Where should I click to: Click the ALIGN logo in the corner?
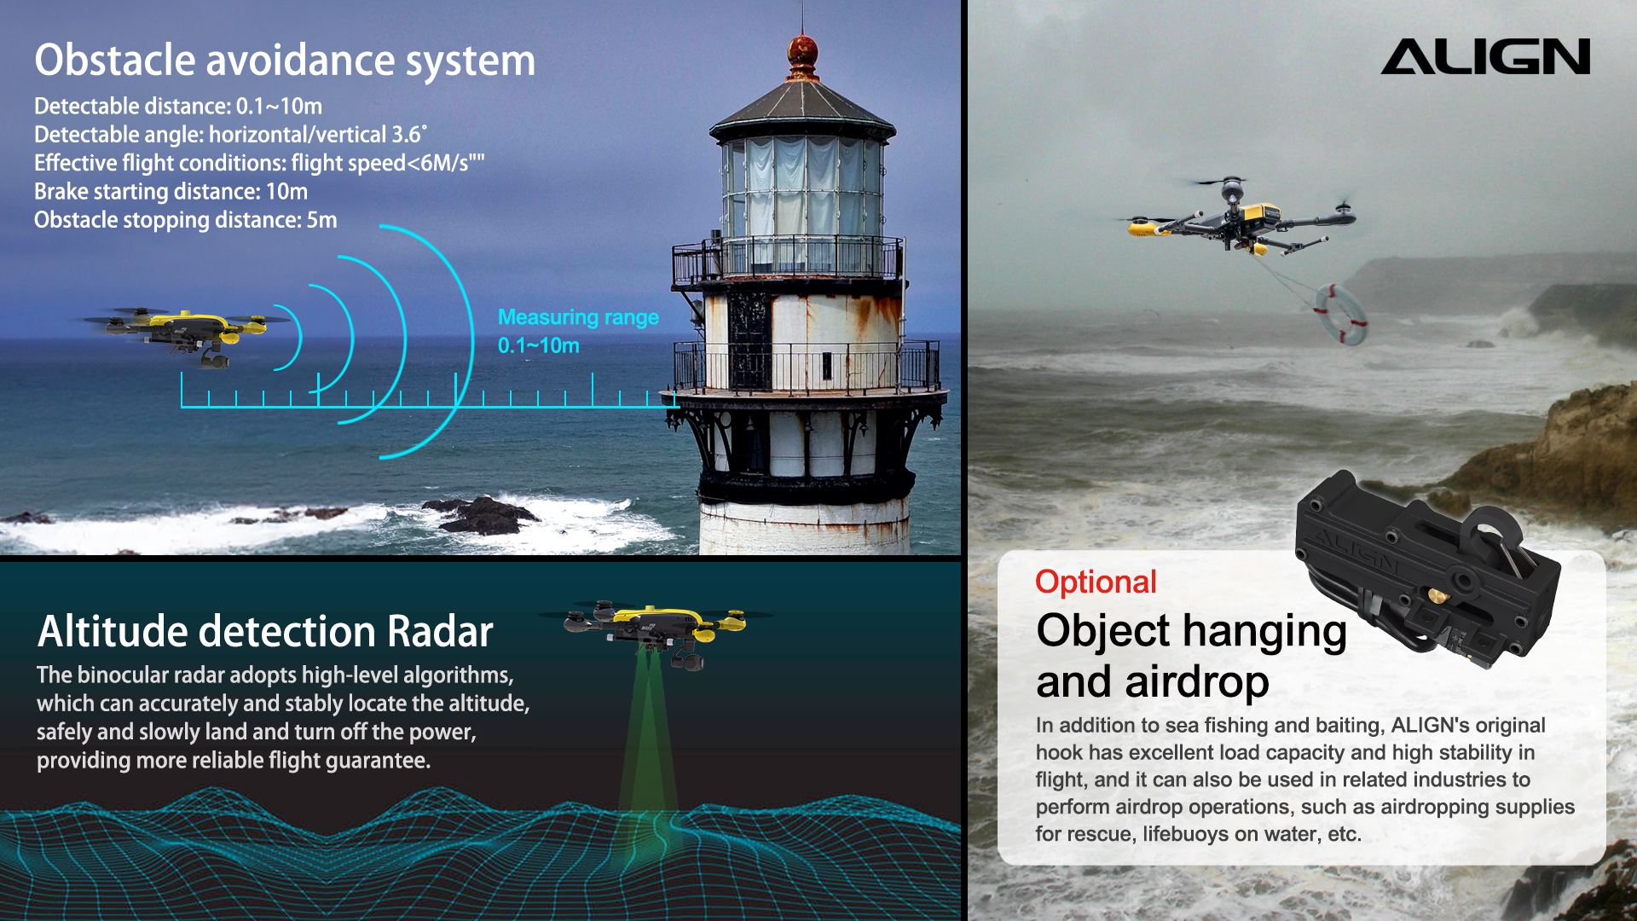tap(1485, 56)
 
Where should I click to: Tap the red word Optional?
tap(1096, 582)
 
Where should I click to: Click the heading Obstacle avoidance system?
tap(285, 61)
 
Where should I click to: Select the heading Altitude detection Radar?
tap(265, 632)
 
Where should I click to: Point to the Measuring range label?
tap(578, 317)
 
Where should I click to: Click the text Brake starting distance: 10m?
tap(171, 192)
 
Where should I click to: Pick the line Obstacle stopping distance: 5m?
tap(186, 220)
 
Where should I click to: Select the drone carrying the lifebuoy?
tap(1240, 217)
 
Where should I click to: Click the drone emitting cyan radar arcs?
tap(183, 335)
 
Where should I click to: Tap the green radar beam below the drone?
tap(648, 742)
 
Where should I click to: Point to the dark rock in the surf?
tap(483, 515)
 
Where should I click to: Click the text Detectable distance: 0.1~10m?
tap(178, 107)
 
